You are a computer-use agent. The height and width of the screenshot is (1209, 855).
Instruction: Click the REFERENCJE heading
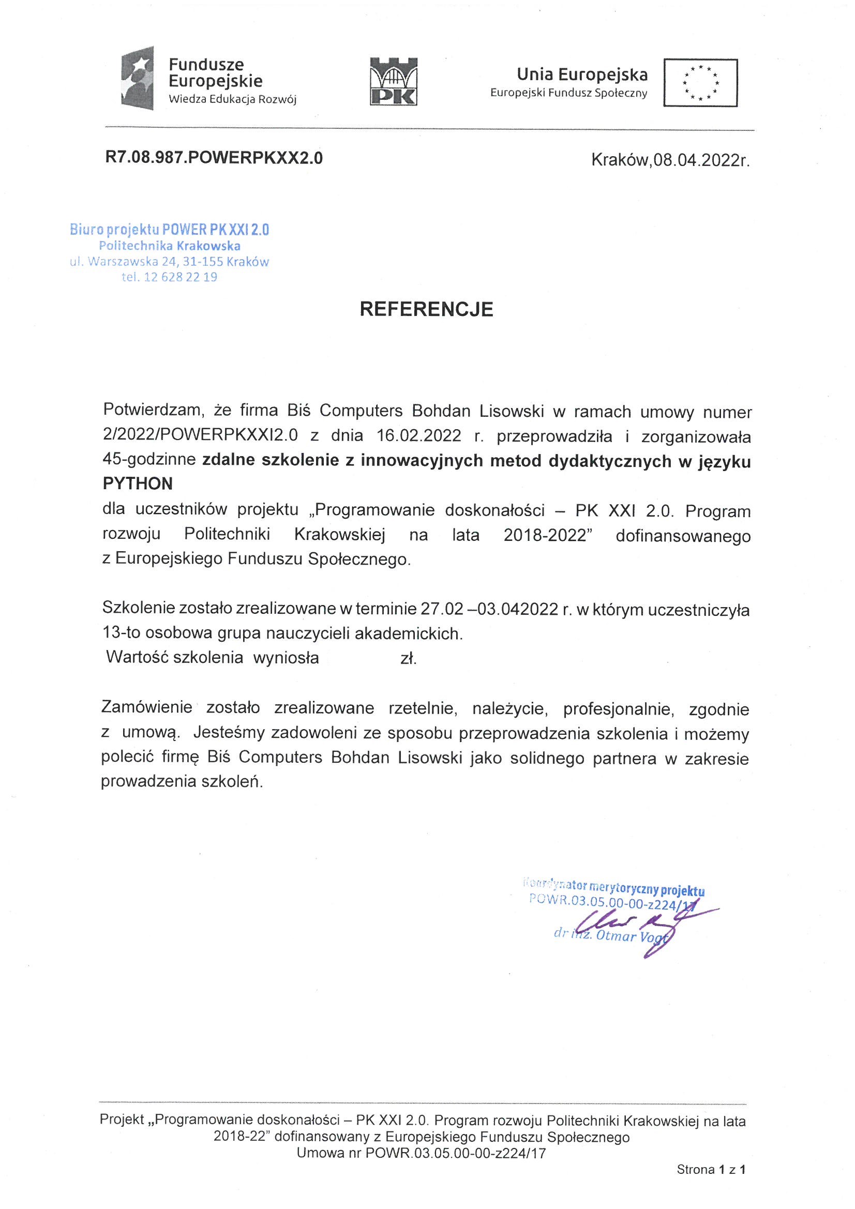[426, 309]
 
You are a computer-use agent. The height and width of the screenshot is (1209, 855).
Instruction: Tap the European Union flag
[700, 83]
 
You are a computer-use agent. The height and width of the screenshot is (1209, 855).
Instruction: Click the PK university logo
[394, 82]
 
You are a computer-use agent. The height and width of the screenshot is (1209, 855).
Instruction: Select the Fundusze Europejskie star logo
[138, 79]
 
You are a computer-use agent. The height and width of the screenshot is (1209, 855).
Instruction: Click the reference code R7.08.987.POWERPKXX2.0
[214, 158]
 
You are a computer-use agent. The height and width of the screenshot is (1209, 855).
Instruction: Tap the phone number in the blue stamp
[180, 278]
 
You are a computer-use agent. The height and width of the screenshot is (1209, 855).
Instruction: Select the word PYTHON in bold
[138, 483]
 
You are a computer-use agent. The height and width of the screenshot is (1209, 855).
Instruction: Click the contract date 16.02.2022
[419, 436]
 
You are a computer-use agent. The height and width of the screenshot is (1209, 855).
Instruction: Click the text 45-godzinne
[149, 460]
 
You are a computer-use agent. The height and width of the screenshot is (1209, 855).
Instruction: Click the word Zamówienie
[146, 707]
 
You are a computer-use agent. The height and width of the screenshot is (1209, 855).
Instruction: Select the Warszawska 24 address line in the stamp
[169, 262]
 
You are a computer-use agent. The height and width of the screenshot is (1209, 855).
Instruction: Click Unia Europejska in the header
[582, 75]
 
